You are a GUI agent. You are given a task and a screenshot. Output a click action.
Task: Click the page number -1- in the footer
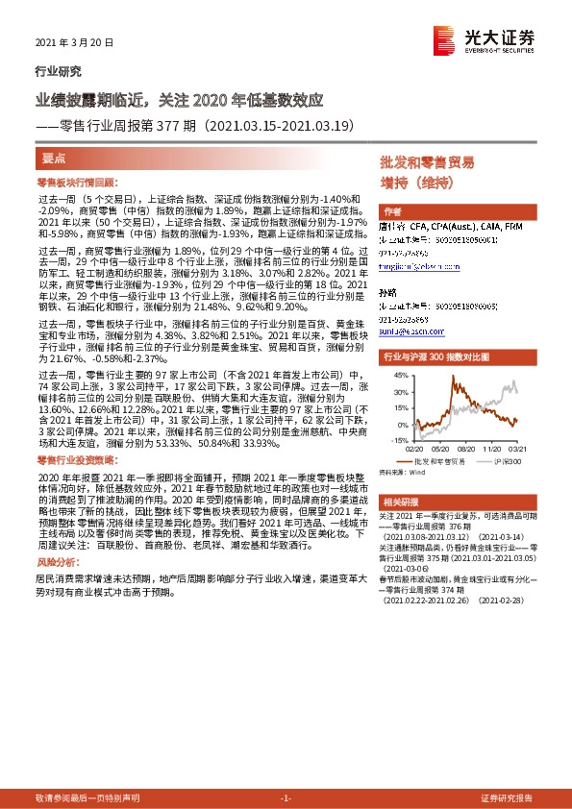coord(285,798)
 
